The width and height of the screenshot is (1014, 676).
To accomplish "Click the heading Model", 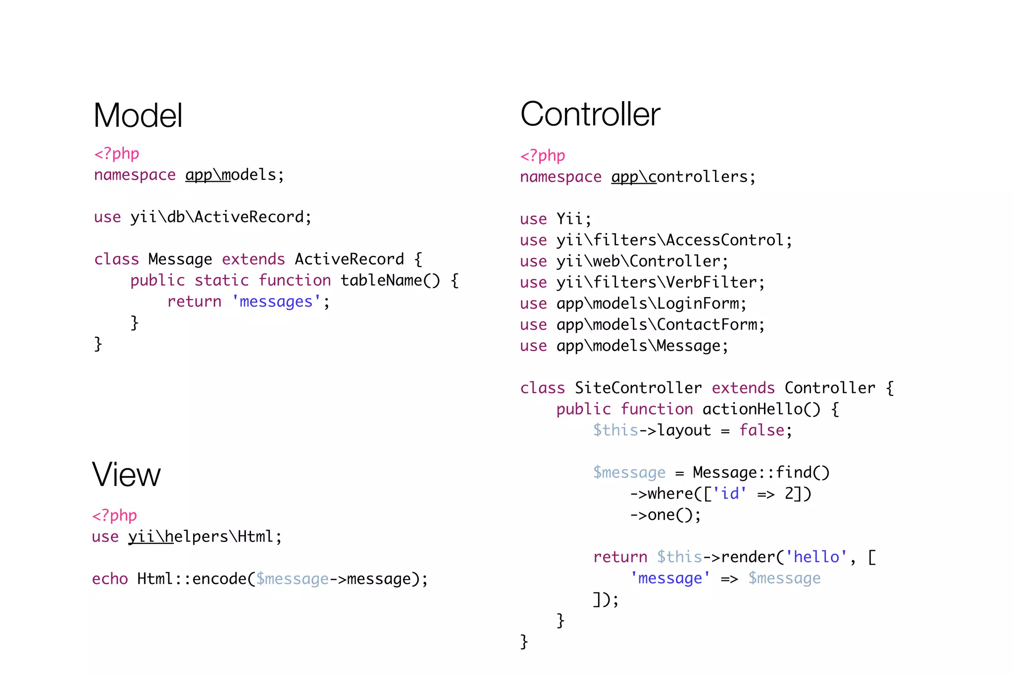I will click(x=138, y=116).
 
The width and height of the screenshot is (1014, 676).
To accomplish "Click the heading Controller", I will click(x=590, y=114).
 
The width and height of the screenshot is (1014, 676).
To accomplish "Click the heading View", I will click(x=126, y=474).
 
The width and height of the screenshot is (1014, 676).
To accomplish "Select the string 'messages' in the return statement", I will click(x=276, y=302).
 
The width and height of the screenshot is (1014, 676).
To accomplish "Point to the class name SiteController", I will click(x=638, y=388).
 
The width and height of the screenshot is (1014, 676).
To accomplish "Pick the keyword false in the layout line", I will click(x=761, y=430).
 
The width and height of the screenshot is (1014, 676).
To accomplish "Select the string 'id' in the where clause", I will click(x=730, y=494).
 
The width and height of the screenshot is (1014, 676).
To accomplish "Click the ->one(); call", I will click(x=665, y=515).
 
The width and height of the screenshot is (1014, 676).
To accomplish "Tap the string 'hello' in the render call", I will click(x=816, y=557).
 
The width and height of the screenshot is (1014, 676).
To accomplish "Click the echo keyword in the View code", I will click(x=110, y=579).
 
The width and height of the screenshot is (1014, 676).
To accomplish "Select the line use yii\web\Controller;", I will click(x=624, y=261).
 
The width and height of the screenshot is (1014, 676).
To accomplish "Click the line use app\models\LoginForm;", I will click(x=633, y=304).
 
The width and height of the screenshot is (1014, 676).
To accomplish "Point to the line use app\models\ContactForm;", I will click(x=642, y=325).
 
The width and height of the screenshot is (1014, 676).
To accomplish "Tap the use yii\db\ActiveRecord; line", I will click(x=203, y=217).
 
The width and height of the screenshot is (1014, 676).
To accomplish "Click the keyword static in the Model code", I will click(x=221, y=280).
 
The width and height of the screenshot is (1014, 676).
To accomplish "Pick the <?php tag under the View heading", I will click(x=114, y=516).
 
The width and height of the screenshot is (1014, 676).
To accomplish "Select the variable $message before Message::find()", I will click(x=629, y=473).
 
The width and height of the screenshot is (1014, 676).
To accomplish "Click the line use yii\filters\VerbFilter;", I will click(x=642, y=282).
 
